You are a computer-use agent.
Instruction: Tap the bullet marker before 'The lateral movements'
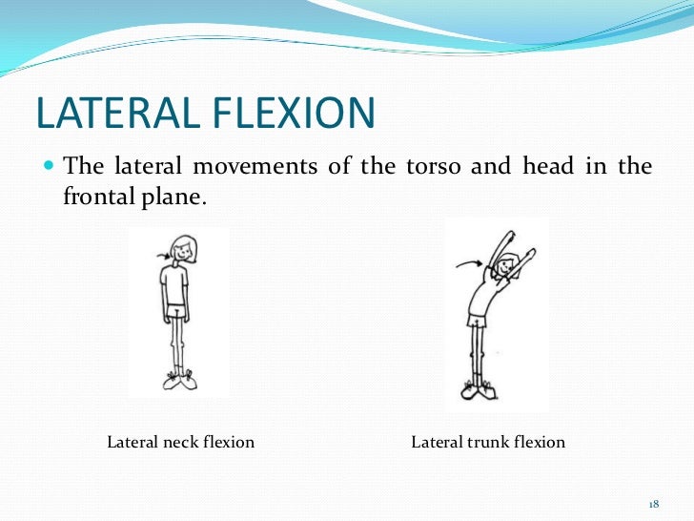click(51, 166)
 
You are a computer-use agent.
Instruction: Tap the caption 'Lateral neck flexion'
click(180, 443)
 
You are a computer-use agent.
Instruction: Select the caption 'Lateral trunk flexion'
click(488, 443)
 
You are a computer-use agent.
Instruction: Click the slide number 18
click(654, 503)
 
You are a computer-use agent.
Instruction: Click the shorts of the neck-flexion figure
click(177, 312)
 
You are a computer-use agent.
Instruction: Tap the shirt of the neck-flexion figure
click(177, 284)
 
